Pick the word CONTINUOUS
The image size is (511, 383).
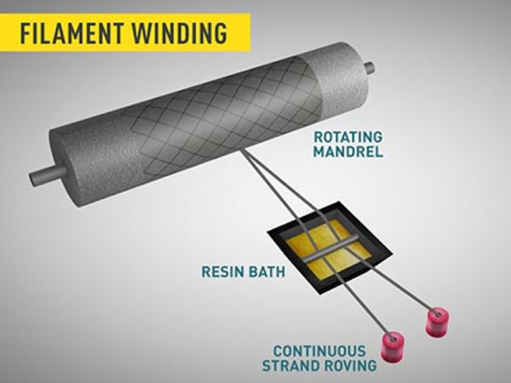[319, 351]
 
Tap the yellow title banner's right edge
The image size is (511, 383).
[249, 33]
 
